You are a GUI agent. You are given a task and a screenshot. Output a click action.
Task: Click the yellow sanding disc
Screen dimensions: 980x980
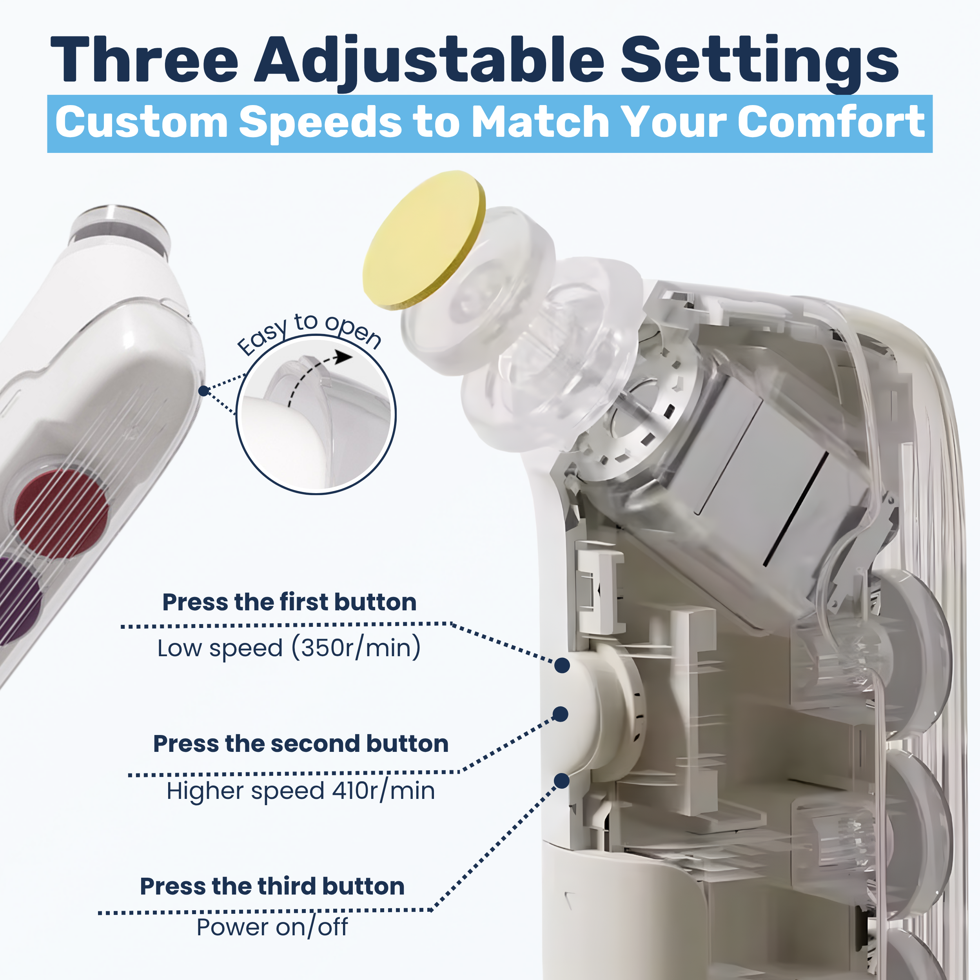click(423, 240)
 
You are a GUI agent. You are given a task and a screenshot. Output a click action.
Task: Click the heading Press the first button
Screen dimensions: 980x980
click(289, 602)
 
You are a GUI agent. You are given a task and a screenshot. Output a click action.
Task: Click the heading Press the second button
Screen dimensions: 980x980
click(301, 744)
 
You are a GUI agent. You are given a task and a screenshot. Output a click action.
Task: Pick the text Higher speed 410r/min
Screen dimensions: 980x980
click(301, 791)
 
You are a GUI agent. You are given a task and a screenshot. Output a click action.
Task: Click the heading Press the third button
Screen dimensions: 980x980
click(272, 886)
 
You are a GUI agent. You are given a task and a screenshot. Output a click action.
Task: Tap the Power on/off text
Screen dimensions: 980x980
click(272, 927)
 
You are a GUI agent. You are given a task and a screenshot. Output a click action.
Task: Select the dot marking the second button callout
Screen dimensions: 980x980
click(560, 714)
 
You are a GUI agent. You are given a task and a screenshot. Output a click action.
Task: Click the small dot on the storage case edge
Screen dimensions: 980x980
click(203, 390)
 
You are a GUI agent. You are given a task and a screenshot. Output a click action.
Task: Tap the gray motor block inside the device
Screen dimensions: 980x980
click(761, 487)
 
